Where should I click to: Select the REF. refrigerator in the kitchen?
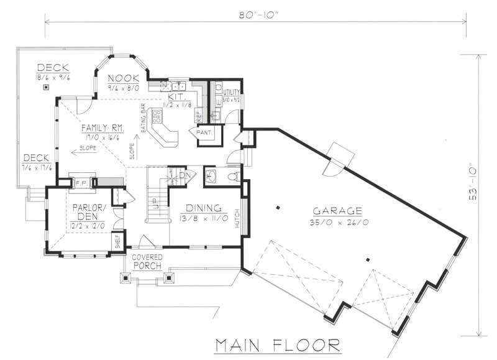pos(199,116)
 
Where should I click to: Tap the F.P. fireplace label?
pos(81,183)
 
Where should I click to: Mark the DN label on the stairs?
pos(184,175)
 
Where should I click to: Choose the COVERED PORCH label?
pos(147,261)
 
